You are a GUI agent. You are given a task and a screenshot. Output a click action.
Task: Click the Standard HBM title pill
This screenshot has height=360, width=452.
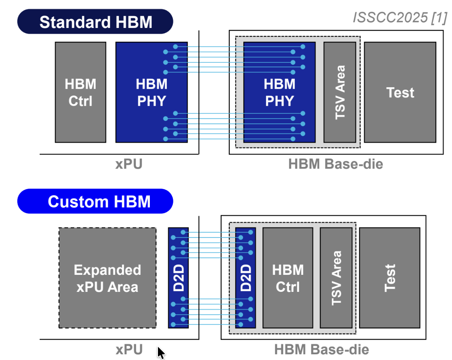[95, 21]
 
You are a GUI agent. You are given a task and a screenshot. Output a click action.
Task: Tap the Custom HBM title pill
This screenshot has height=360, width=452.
[95, 201]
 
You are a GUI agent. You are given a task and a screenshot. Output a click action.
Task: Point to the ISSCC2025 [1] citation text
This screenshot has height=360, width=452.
[400, 17]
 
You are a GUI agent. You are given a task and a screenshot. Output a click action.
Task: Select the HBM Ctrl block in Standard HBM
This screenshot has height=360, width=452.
[81, 92]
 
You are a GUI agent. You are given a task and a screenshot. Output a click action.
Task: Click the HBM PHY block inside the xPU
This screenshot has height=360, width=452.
[151, 92]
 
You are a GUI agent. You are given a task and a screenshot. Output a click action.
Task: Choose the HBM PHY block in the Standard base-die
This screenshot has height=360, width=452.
[279, 92]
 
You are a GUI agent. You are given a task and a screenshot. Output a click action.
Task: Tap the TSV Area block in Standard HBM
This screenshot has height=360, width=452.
[340, 92]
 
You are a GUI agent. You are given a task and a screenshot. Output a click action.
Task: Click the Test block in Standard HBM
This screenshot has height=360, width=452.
[400, 92]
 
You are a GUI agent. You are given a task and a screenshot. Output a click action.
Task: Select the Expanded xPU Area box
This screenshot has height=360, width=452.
[107, 278]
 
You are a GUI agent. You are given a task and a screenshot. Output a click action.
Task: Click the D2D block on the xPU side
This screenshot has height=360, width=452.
[179, 278]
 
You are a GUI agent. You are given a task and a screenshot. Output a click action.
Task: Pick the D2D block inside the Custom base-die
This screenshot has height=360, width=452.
[245, 278]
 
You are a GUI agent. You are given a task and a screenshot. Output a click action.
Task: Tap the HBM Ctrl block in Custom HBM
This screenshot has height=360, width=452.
[288, 278]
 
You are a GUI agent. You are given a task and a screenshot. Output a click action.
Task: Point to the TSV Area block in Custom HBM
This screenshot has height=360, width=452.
[336, 278]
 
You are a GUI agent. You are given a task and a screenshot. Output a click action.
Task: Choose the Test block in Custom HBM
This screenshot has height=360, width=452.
[390, 278]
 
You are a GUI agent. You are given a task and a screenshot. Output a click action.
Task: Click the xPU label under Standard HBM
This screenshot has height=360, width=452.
[129, 164]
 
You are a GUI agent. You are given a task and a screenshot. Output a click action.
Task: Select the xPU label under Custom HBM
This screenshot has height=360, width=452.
[129, 349]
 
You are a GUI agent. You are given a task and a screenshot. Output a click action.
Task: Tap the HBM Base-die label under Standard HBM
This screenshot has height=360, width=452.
[335, 164]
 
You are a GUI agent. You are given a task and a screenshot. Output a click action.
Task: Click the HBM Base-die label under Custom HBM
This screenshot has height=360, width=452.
[322, 349]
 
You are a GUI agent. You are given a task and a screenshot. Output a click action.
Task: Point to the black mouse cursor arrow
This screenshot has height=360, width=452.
[161, 353]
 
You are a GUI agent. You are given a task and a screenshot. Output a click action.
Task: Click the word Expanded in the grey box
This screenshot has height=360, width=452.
[107, 270]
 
